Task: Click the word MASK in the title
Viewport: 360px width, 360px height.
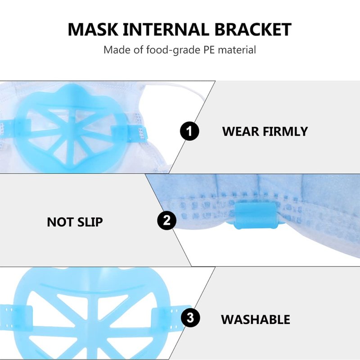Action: click(x=93, y=29)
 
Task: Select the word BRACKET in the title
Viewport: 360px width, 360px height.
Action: click(x=253, y=29)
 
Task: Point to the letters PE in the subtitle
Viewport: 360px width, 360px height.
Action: click(x=209, y=50)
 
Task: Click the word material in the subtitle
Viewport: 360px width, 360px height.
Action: click(x=237, y=50)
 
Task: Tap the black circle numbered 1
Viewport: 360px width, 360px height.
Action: click(x=189, y=131)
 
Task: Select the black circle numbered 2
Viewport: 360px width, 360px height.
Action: click(x=166, y=220)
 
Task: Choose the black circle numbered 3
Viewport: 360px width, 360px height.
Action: click(x=190, y=318)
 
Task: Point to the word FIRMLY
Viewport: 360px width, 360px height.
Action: click(x=285, y=131)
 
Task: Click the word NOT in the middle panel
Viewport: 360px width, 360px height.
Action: click(x=60, y=222)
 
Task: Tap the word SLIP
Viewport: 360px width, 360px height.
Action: click(x=90, y=222)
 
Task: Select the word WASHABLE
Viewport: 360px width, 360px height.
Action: click(x=256, y=319)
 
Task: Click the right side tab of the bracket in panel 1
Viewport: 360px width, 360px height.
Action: click(x=129, y=134)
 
